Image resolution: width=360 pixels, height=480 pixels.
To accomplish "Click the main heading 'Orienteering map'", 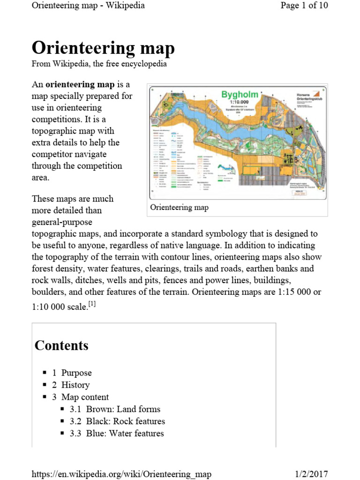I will (103, 48).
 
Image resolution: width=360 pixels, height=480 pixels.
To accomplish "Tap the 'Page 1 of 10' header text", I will (304, 6).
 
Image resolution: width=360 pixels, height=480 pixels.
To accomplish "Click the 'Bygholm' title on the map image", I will (240, 94).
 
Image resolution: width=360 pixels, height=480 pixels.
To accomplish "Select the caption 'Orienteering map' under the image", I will (179, 207).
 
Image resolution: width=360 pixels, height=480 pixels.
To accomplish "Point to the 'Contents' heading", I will (61, 345).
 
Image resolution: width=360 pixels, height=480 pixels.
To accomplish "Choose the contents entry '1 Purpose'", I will (72, 373).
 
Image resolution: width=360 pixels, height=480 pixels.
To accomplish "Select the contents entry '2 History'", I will (71, 385).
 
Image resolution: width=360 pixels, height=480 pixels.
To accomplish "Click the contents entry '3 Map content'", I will (80, 397).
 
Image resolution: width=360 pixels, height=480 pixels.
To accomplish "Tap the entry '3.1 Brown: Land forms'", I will (115, 409).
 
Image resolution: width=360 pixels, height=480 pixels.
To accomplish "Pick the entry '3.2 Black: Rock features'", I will (117, 421).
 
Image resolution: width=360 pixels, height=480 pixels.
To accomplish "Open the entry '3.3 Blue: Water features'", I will (117, 433).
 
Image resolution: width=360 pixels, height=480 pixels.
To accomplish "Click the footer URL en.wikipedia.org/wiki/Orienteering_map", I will (121, 474).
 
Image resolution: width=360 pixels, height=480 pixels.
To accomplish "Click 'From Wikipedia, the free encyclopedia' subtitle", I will (99, 64).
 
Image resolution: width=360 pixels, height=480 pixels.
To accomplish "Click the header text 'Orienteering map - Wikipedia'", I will (88, 6).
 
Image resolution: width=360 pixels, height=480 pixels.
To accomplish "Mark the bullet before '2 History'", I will (45, 384).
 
